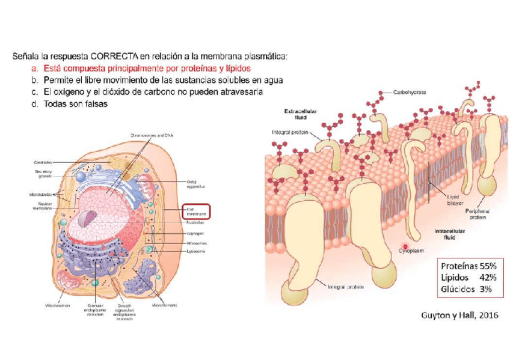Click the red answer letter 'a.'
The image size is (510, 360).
tap(36, 68)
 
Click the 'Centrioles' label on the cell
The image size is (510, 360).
tap(43, 162)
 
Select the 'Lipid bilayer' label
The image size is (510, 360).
tap(455, 200)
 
